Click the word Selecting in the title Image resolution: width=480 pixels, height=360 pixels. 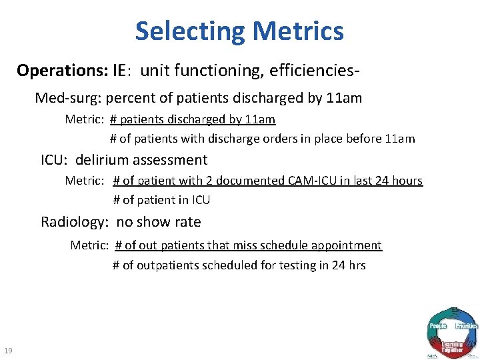[x=191, y=31]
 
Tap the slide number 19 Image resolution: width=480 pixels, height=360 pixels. [x=9, y=351]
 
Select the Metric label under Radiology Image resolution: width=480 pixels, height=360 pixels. [x=89, y=245]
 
